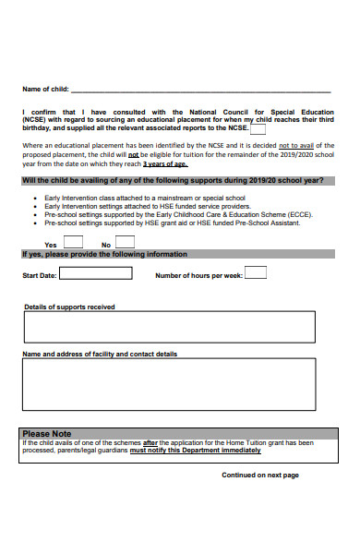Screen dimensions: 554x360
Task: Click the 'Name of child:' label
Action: (x=46, y=90)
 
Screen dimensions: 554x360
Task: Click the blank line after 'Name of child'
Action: (x=200, y=90)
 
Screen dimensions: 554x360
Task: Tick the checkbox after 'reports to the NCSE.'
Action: (x=258, y=130)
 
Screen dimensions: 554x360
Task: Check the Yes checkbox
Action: (x=74, y=241)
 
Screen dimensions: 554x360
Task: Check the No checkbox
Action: (x=125, y=241)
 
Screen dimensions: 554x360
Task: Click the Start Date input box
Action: (x=95, y=274)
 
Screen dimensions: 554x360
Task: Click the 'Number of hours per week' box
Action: (x=256, y=272)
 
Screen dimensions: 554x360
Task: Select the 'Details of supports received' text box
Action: (x=168, y=327)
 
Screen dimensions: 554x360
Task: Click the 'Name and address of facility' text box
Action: (x=168, y=383)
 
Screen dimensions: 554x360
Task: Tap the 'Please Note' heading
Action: (x=47, y=433)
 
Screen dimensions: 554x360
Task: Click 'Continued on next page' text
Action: (x=259, y=475)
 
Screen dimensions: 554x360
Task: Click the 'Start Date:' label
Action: (x=40, y=275)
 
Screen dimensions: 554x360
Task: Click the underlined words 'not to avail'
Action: (x=296, y=145)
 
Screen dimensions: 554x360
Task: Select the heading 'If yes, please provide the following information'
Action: (x=104, y=254)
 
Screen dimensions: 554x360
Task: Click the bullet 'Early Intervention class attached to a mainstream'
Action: (x=144, y=198)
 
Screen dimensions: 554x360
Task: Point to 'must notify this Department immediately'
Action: (x=195, y=451)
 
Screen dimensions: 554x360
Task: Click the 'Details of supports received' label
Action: (x=69, y=307)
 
